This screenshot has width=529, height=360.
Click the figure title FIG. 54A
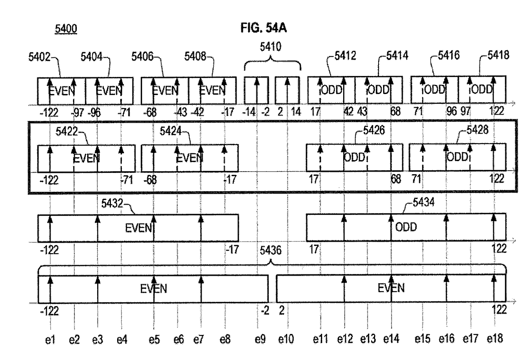pos(264,28)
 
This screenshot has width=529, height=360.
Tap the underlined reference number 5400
pos(66,29)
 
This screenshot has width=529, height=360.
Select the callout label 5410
pos(271,46)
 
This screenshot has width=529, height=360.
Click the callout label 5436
pos(271,250)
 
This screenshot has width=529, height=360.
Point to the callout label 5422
pos(67,131)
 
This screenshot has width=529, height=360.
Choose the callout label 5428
pos(478,130)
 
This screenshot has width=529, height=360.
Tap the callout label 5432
pos(112,203)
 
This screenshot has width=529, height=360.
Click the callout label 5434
pos(423,202)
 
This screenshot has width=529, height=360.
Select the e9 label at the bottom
pos(260,339)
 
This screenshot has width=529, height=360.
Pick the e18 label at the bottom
pos(495,339)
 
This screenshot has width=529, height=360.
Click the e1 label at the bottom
pos(50,340)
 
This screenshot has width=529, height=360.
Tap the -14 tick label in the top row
pos(249,112)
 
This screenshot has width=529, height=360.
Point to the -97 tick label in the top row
pos(77,112)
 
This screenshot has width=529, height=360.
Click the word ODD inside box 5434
pos(406,227)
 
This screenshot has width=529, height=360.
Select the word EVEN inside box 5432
pos(138,228)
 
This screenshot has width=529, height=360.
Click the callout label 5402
pos(40,57)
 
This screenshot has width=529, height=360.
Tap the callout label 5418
pos(498,55)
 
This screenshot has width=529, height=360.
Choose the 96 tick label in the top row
pos(451,111)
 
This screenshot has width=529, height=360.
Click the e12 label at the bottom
pos(345,339)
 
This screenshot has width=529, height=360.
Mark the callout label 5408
pos(195,57)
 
